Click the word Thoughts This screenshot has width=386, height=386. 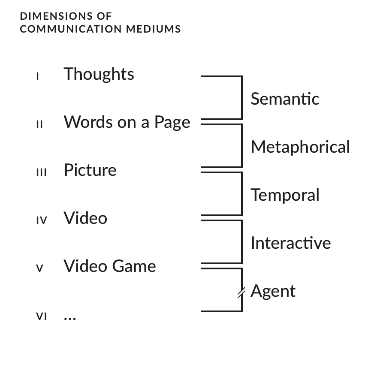pyautogui.click(x=99, y=75)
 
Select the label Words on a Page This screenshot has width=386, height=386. pyautogui.click(x=127, y=122)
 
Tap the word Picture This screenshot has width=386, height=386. pyautogui.click(x=90, y=170)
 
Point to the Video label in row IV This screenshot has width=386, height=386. pyautogui.click(x=85, y=218)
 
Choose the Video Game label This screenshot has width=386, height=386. pyautogui.click(x=110, y=266)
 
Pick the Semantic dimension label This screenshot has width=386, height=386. pyautogui.click(x=285, y=99)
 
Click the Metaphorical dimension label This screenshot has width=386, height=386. pyautogui.click(x=300, y=147)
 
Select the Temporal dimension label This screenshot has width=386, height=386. pyautogui.click(x=285, y=195)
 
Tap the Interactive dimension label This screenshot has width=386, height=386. pyautogui.click(x=290, y=243)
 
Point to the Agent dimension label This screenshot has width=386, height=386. pyautogui.click(x=273, y=291)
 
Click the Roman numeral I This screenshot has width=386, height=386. pyautogui.click(x=38, y=77)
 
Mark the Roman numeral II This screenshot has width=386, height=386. pyautogui.click(x=39, y=125)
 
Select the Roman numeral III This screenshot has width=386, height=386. pyautogui.click(x=41, y=172)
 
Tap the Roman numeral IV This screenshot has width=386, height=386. pyautogui.click(x=41, y=220)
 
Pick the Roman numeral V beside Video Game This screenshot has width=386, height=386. pyautogui.click(x=39, y=268)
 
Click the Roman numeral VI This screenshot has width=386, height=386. pyautogui.click(x=41, y=317)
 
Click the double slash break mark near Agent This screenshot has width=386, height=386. pyautogui.click(x=241, y=293)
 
